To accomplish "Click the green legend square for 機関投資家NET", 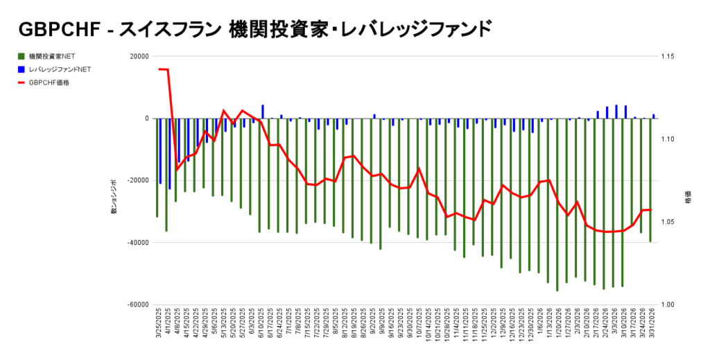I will tap(21, 56).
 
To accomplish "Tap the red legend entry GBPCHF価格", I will tap(49, 83).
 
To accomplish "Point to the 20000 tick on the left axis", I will tap(139, 57).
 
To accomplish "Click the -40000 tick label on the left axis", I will tap(137, 243).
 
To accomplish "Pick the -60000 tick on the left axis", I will tap(137, 305).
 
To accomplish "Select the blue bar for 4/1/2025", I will tap(170, 153).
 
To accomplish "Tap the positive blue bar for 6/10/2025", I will tap(263, 112).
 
